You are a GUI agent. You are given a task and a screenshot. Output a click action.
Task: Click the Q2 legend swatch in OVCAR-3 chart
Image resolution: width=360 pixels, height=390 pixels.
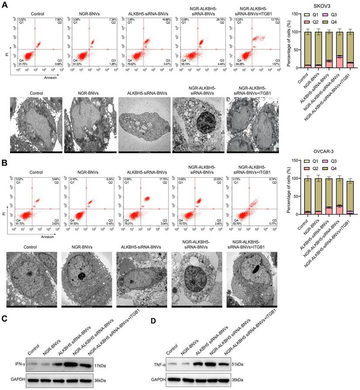(309, 167)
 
